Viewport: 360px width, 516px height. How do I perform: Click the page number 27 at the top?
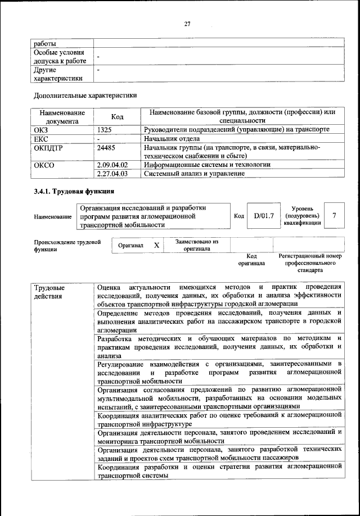[188, 23]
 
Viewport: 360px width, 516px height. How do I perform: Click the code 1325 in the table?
[105, 130]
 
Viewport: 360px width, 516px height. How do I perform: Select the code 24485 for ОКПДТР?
[107, 147]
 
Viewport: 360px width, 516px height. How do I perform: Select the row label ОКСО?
[44, 165]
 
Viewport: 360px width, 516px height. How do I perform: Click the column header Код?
[117, 117]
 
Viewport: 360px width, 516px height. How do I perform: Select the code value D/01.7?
[263, 216]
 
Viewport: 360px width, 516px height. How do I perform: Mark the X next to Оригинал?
[157, 245]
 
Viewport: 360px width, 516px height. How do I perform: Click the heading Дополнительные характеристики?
[85, 95]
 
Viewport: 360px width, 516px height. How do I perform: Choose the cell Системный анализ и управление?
[194, 174]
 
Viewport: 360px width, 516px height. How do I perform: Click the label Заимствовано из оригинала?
[196, 245]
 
